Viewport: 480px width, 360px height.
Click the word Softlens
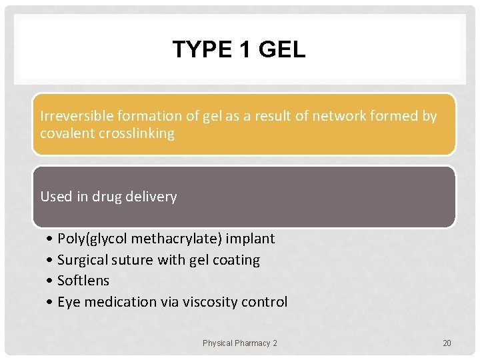coord(83,281)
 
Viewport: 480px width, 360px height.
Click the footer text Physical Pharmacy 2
coord(240,343)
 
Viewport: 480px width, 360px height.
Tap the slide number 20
coord(447,343)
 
